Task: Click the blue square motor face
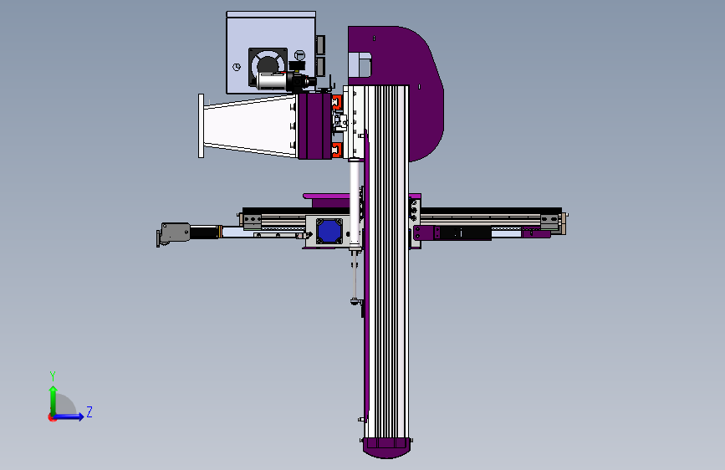329,230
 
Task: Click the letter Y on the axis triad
53,376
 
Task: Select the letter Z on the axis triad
89,411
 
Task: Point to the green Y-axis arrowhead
54,391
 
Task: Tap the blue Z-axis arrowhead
80,416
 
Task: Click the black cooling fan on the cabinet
268,67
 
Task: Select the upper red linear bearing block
337,102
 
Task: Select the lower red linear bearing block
337,150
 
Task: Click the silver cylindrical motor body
273,81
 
